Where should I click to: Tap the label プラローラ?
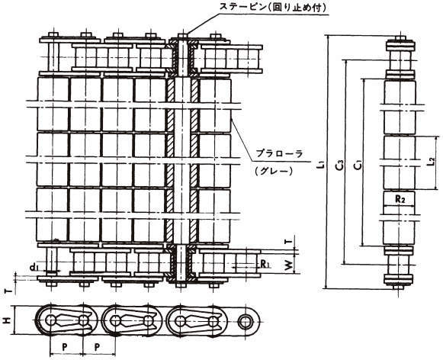(279, 153)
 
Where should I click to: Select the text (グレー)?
(273, 170)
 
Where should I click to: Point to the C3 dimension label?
(339, 165)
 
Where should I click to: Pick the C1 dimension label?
(358, 165)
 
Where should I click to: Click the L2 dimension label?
(431, 162)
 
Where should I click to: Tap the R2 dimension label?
(400, 200)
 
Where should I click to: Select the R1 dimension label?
(265, 264)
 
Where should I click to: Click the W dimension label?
(288, 265)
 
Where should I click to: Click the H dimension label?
(5, 320)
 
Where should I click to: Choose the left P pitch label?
(65, 347)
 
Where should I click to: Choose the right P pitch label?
(97, 347)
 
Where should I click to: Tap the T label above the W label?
(288, 242)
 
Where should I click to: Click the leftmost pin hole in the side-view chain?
(51, 320)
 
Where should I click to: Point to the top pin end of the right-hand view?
(400, 38)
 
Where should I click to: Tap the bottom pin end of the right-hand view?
(398, 288)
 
